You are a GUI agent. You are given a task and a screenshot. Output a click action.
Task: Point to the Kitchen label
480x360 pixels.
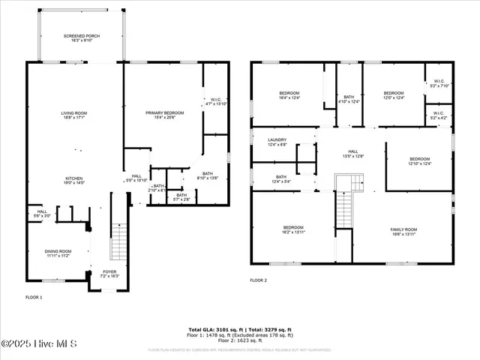click(x=74, y=180)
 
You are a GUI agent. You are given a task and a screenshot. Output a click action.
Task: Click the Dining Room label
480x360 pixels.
click(x=58, y=253)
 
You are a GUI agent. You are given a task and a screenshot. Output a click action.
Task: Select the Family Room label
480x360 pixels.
click(x=403, y=231)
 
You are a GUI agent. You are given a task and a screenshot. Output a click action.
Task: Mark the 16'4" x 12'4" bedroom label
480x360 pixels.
click(x=289, y=94)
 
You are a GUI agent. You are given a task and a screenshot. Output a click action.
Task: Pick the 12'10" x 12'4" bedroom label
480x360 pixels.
click(x=419, y=160)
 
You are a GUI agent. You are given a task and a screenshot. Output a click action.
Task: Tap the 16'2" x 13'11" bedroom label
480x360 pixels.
click(x=292, y=229)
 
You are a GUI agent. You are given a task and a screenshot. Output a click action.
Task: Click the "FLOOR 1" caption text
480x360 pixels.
click(x=34, y=298)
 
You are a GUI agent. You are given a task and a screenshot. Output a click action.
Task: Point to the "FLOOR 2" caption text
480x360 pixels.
click(x=259, y=280)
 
